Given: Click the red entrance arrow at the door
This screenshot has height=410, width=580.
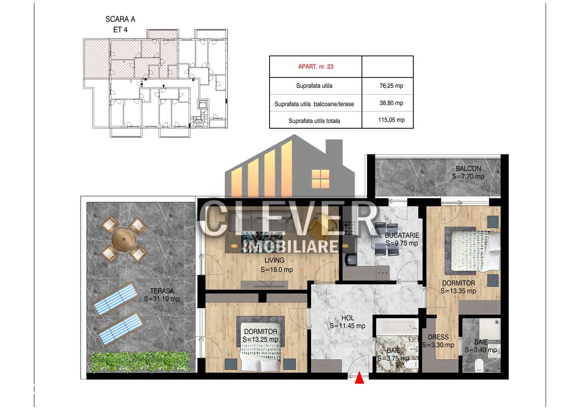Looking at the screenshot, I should tap(360, 378).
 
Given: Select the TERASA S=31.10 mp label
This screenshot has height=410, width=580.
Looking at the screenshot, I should tap(159, 295).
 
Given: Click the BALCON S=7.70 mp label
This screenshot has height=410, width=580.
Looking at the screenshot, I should tap(468, 173).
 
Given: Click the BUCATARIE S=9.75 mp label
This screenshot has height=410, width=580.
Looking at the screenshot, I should tap(402, 239).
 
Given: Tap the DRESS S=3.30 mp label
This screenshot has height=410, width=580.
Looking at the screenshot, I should tap(438, 341).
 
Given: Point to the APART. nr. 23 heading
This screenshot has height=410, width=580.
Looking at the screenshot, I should tap(315, 67).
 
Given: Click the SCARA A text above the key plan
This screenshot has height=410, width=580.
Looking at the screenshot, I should tap(120, 19).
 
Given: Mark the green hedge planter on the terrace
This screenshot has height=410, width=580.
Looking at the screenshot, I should tap(140, 362).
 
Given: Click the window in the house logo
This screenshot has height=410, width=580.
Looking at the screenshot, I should tap(321, 175).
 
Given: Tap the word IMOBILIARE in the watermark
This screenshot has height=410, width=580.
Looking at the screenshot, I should tap(290, 246).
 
